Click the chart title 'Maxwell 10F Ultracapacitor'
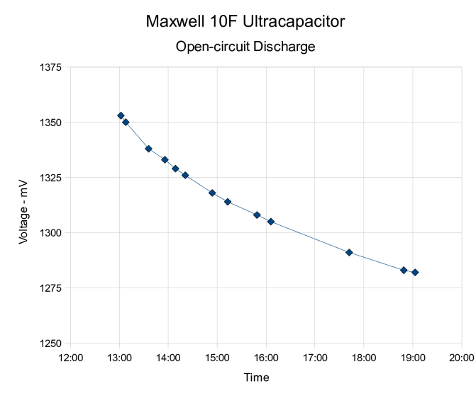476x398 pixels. coord(245,21)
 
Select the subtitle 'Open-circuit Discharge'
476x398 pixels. coord(245,47)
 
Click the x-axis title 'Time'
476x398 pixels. coord(256,377)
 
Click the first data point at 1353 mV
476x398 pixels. coord(121,115)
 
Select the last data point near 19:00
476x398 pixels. coord(415,272)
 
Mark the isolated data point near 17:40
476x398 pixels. coord(349,252)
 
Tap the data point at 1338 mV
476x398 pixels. coord(148,149)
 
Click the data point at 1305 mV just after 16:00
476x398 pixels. coord(271,222)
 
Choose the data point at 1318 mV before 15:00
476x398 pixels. coord(212,193)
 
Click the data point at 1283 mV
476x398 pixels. coord(404,270)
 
